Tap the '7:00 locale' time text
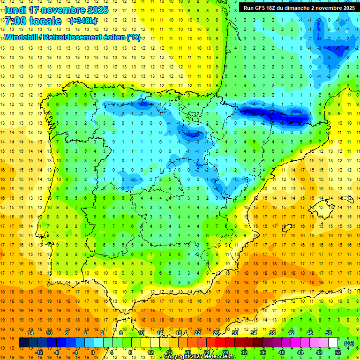tap(33, 21)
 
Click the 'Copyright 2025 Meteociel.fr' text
tap(200, 357)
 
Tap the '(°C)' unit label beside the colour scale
tap(349, 343)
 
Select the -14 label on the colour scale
tap(30, 333)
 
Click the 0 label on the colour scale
tap(92, 352)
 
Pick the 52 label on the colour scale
tap(338, 352)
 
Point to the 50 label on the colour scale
tap(328, 333)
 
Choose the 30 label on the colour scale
tap(235, 333)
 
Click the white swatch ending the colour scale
tap(333, 343)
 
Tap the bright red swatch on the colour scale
tap(221, 343)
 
